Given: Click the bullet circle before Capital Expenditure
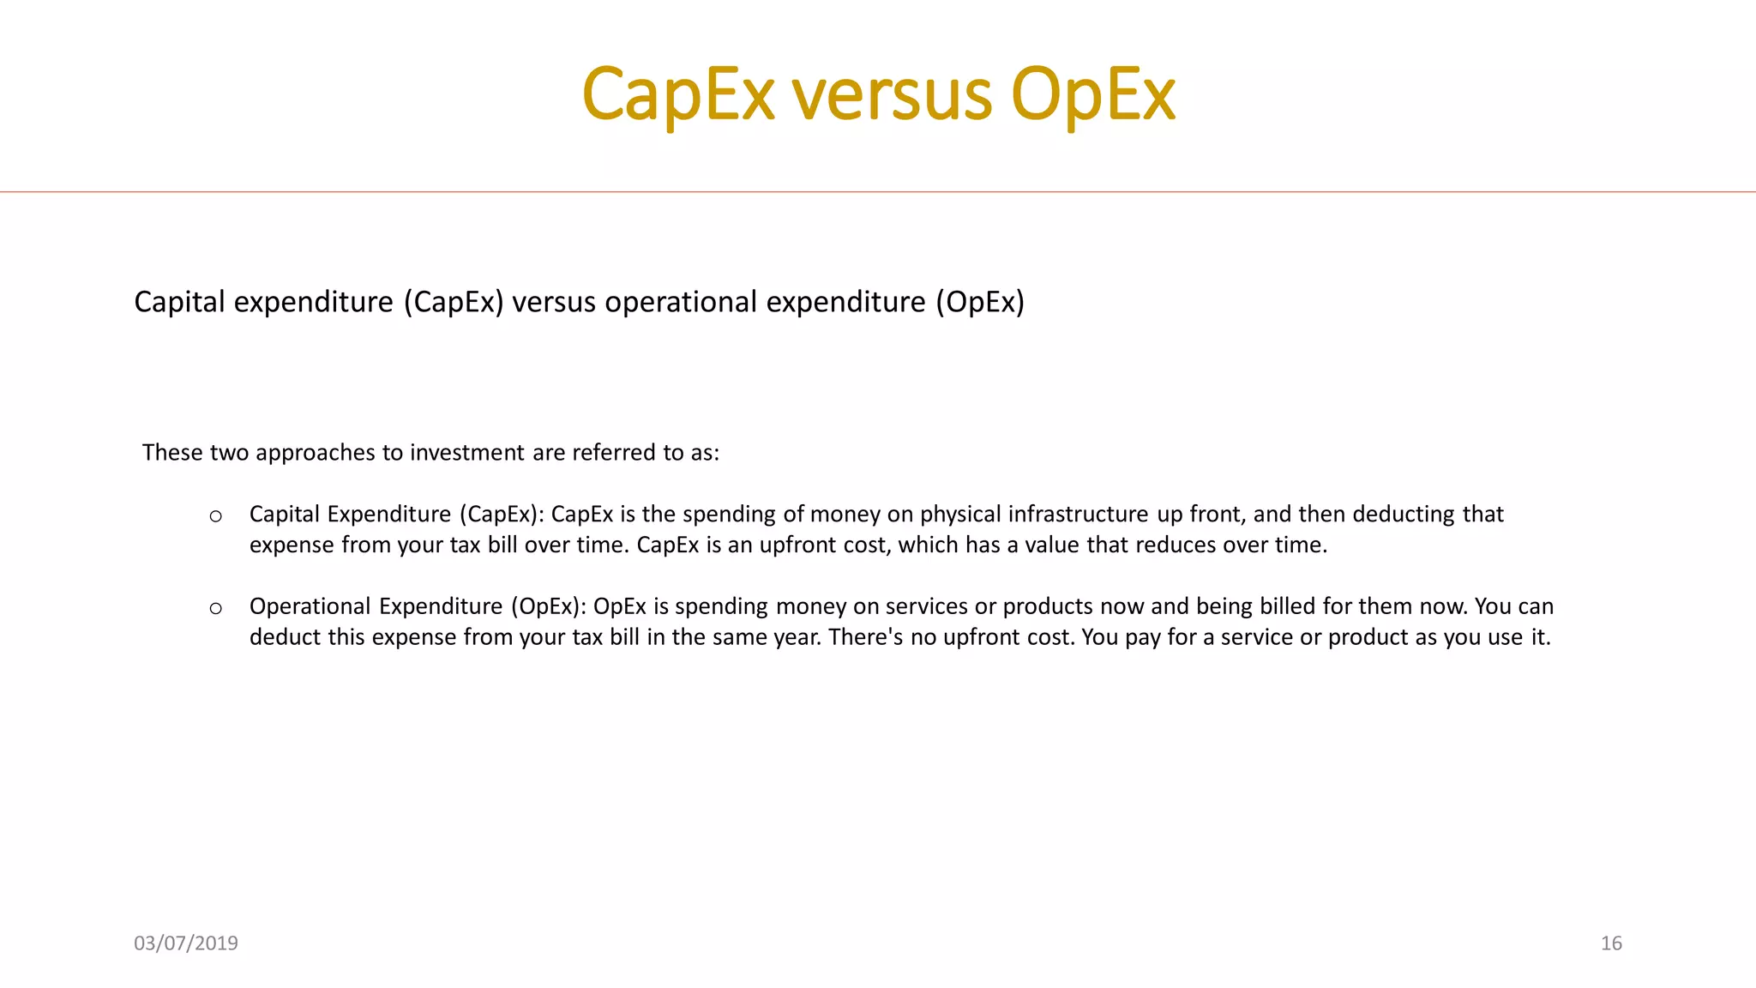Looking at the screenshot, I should (x=216, y=515).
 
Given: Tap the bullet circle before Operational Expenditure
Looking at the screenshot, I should (x=216, y=608).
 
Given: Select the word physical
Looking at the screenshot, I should (x=960, y=514).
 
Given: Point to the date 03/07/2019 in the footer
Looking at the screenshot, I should (x=186, y=943).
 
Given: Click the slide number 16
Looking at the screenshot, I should (x=1611, y=943).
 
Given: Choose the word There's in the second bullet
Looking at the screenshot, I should (x=865, y=637).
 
